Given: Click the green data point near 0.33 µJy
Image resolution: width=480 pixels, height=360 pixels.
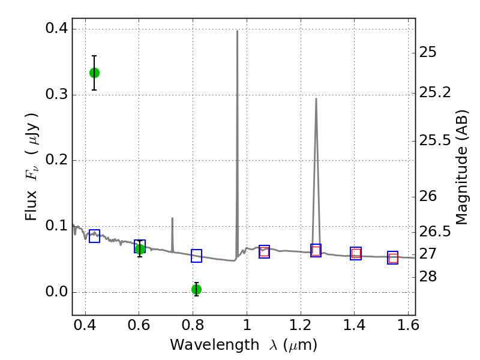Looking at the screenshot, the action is (x=94, y=73).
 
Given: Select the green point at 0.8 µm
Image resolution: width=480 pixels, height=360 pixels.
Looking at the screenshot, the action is (x=197, y=289).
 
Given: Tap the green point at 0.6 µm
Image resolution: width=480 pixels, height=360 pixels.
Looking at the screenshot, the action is (x=140, y=249).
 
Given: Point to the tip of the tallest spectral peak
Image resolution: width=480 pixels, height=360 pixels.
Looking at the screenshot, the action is (x=237, y=31).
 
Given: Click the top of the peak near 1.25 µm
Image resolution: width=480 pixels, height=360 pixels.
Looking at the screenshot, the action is (x=316, y=98).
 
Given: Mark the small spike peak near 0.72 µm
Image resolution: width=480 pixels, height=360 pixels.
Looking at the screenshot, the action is (x=172, y=218).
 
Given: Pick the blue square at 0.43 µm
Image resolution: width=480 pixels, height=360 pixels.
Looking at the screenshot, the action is (x=94, y=236).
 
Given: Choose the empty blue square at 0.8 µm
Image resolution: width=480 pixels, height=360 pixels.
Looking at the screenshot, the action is (x=197, y=256).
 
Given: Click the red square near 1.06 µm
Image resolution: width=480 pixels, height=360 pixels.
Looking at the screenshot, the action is (x=264, y=252).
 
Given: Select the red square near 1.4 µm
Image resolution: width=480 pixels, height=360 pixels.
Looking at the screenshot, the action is (x=356, y=253).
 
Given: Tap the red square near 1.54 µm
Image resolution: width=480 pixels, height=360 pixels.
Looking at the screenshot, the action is (x=393, y=259).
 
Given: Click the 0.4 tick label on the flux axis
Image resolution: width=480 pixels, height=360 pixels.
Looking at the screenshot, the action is (x=56, y=28).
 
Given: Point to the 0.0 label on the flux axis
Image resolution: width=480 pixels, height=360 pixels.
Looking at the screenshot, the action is (x=56, y=292).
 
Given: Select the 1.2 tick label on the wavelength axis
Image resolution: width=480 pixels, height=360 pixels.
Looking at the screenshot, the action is (x=301, y=325).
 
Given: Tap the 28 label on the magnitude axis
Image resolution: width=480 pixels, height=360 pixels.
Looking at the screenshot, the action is (x=428, y=277).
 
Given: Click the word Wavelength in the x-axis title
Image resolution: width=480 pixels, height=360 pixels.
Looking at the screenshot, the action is (x=215, y=345).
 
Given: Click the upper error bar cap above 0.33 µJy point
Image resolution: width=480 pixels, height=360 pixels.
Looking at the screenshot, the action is (x=94, y=56).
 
